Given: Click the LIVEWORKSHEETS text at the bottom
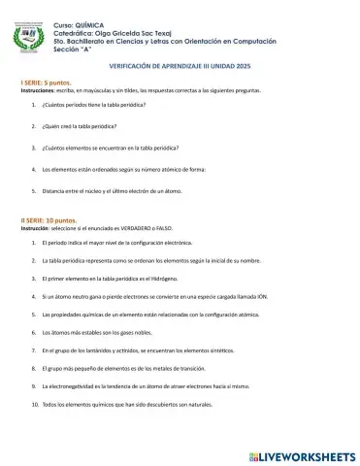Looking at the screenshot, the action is point(307,453).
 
